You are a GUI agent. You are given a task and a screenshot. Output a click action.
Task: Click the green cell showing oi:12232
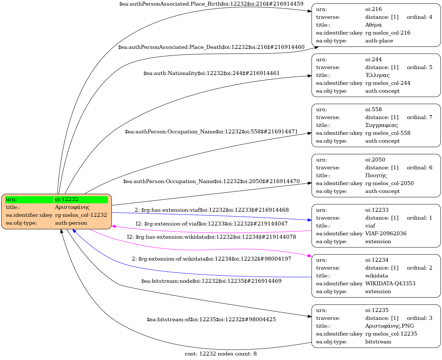coord(81,200)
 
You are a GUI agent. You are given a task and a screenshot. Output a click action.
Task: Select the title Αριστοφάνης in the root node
coord(72,207)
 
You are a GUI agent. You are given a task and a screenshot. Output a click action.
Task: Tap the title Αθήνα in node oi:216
coord(373,25)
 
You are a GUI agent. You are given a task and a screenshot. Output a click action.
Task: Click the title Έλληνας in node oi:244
coord(377,75)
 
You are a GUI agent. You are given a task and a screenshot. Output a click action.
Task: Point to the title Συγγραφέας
coord(381,125)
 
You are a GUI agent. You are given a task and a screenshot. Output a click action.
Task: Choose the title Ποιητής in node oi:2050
coord(376,176)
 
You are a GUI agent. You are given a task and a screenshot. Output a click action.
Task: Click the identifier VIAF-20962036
coord(386,234)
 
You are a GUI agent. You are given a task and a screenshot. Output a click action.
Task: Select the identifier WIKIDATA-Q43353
coord(390,284)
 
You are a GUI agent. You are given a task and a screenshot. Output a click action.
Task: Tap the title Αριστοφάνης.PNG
coord(389,326)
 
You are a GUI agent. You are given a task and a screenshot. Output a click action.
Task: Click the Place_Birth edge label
coord(211,4)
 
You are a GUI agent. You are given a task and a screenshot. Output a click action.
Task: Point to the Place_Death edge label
coord(211,47)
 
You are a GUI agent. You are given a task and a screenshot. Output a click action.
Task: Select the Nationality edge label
coord(211,73)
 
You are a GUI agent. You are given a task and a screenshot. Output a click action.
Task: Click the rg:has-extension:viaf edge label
coord(211,210)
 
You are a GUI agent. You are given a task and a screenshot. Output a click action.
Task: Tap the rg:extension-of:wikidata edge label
coord(211,259)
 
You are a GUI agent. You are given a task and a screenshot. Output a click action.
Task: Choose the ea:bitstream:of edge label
coord(211,320)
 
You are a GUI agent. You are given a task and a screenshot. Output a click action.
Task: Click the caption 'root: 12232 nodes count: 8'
coord(221,354)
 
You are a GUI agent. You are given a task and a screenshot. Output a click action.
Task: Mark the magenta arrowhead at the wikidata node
coord(310,256)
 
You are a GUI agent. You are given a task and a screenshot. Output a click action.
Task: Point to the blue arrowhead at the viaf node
coord(310,220)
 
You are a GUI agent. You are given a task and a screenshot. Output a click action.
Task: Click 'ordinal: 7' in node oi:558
coord(419,117)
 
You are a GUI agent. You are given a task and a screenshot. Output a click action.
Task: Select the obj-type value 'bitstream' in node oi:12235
coord(378,342)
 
